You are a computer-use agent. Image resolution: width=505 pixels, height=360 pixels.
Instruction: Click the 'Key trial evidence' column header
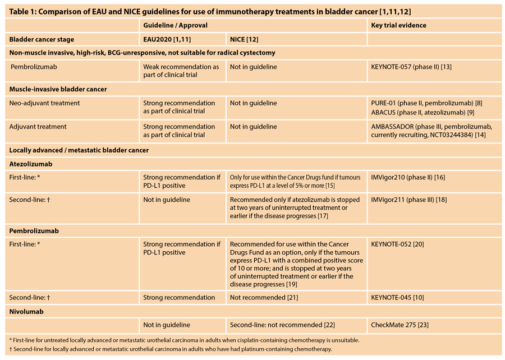(x=398, y=25)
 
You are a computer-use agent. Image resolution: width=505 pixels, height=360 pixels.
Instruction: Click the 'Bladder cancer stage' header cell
(x=42, y=39)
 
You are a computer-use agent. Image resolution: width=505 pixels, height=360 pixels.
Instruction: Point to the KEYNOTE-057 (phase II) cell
(x=411, y=67)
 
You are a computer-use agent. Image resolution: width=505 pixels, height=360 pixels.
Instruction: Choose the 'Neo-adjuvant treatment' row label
(x=44, y=103)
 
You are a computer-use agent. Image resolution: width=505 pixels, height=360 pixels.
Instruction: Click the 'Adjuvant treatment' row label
(x=38, y=127)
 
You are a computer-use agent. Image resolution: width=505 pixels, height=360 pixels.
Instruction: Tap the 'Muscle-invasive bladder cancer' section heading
(x=58, y=89)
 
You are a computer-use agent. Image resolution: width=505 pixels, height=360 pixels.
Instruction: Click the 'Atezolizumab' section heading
(x=32, y=164)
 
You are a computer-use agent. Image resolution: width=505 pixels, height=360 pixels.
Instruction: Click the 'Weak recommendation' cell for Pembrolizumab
(x=181, y=71)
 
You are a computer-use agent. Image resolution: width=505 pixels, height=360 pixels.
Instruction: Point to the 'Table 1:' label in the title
(x=25, y=10)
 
